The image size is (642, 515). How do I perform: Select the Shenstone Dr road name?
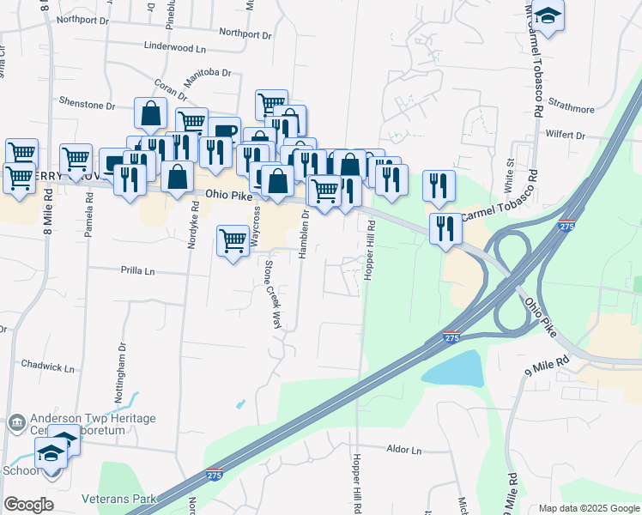(87, 105)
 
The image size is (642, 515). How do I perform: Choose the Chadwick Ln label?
(47, 367)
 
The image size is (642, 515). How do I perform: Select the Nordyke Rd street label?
(194, 225)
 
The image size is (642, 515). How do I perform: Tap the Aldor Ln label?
(404, 450)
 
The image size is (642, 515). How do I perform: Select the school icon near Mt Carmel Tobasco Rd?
(547, 16)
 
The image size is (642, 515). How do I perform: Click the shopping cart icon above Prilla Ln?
(233, 242)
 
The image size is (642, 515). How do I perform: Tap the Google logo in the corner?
(28, 505)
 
